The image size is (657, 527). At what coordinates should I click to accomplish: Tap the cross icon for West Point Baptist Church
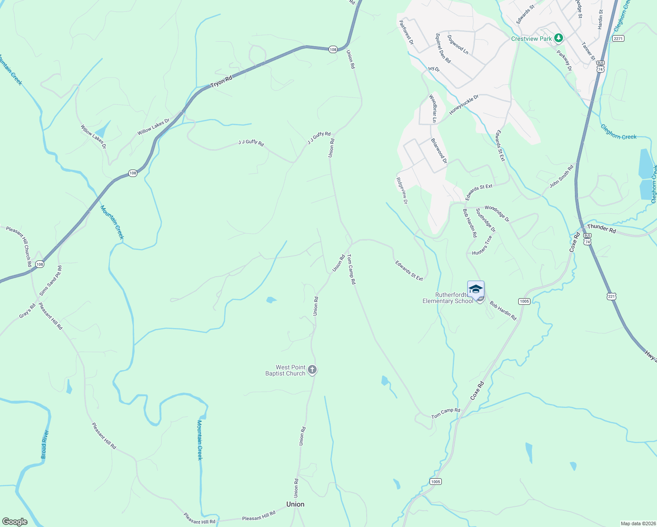point(312,370)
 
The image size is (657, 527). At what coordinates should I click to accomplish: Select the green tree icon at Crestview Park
point(558,38)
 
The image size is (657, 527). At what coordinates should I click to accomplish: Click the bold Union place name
point(295,504)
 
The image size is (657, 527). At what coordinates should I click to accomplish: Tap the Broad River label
point(44,444)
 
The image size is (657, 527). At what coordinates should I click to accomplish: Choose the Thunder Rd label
point(601,228)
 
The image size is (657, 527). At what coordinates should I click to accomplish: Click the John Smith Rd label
point(562,176)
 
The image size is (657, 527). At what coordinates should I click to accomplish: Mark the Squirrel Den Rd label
point(443,48)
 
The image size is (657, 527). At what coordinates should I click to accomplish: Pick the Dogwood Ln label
point(458,44)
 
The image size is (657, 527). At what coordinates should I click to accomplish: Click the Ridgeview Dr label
point(402,191)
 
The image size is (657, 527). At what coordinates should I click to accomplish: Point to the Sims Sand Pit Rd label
point(51,281)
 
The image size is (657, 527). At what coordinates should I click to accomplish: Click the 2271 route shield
point(618,39)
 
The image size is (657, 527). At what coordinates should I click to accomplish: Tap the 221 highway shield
point(611,297)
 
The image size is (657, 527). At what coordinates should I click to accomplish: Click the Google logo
point(14,522)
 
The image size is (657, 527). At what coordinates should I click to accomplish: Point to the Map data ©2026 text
point(638,523)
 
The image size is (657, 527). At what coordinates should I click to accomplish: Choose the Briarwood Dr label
point(439,151)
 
